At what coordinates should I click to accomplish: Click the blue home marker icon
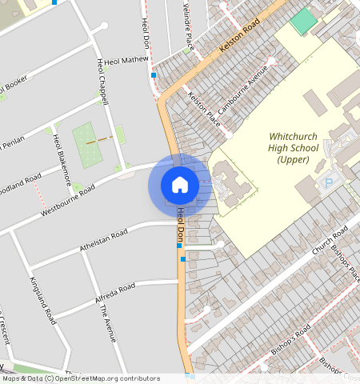click(180, 184)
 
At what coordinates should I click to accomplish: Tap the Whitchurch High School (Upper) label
click(293, 148)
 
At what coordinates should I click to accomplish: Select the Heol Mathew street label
click(123, 58)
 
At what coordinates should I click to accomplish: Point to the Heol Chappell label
click(102, 81)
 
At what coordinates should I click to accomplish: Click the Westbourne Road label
click(68, 199)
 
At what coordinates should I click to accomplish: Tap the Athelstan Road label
click(103, 242)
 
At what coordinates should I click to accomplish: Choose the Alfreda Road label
click(115, 291)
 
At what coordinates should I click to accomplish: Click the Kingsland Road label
click(42, 299)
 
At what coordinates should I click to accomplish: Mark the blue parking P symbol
click(327, 183)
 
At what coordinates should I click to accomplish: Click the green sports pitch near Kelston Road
click(303, 21)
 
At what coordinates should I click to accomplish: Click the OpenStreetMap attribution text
click(80, 379)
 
